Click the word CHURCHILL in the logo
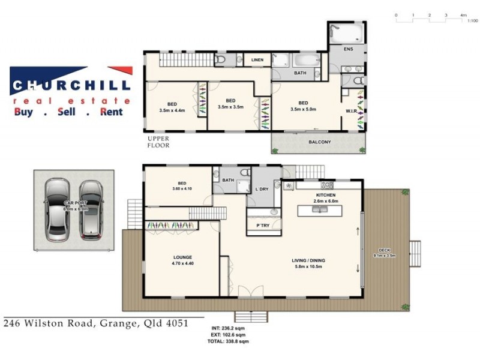pos(70,86)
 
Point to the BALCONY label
pos(320,142)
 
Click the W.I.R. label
pos(352,111)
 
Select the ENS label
pos(348,49)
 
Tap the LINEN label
pos(257,60)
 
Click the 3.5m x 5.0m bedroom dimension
pos(303,109)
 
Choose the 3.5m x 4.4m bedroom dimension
pos(173,110)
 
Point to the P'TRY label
pos(263,226)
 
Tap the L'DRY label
pos(262,189)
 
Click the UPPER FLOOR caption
pos(158,142)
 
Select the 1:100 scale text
pos(472,21)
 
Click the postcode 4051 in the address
pos(178,323)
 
